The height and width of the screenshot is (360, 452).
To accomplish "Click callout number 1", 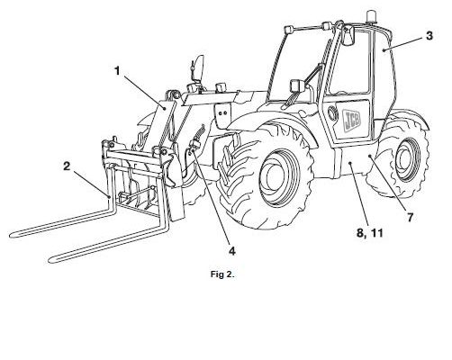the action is pos(117,71).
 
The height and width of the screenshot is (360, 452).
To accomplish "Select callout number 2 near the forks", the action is pos(67,166).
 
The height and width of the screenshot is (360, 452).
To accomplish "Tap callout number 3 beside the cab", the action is pos(429,36).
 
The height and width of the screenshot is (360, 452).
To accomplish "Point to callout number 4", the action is pos(232,251).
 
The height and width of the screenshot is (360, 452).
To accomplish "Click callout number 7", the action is pos(410,217).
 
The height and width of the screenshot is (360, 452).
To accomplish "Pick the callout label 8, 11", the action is pos(370,233).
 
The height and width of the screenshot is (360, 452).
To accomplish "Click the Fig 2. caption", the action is pos(222,274).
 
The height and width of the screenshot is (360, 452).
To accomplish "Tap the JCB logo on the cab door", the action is pos(352,120).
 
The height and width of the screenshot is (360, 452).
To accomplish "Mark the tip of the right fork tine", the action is pos(51,260).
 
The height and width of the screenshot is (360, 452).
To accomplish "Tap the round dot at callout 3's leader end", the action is pos(384,50).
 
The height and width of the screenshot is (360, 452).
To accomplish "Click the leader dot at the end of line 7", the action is pos(370,156).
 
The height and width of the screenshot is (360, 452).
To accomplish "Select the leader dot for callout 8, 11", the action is pos(350,163).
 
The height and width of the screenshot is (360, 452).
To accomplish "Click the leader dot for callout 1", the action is pos(164,108).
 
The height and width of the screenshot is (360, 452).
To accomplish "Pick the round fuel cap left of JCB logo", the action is pos(331,112).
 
